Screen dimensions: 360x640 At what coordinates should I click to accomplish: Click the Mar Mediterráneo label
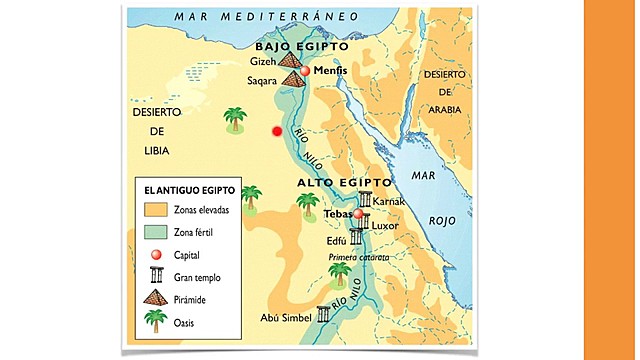(266, 16)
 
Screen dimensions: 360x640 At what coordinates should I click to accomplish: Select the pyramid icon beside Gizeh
(290, 62)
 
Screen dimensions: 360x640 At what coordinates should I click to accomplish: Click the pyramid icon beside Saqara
(294, 78)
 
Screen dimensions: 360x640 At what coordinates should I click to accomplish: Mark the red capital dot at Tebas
(358, 213)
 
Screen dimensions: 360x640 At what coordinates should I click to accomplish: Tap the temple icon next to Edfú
(356, 237)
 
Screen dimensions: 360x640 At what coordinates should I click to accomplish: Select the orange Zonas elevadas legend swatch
(154, 211)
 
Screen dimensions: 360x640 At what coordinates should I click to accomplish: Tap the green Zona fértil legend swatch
(154, 232)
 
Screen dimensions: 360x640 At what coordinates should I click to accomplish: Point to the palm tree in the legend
(154, 321)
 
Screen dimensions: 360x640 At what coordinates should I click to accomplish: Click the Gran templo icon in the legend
(154, 275)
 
